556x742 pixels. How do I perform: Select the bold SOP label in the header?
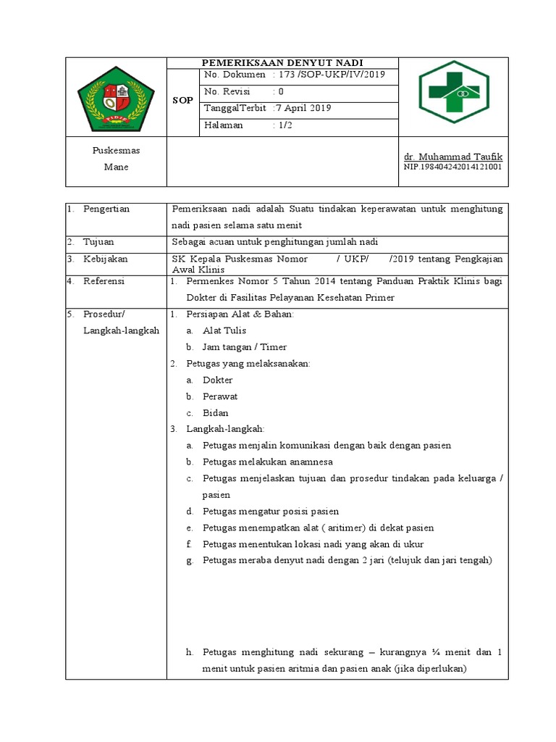pyautogui.click(x=182, y=100)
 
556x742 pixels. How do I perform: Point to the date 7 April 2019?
pyautogui.click(x=303, y=108)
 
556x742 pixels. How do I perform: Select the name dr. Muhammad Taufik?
pyautogui.click(x=452, y=157)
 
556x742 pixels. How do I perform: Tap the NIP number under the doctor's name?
pyautogui.click(x=452, y=167)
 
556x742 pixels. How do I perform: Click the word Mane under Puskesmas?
pyautogui.click(x=116, y=167)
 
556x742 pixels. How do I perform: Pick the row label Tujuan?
pyautogui.click(x=98, y=241)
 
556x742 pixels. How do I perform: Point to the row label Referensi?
pyautogui.click(x=104, y=281)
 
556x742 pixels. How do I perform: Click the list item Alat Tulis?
pyautogui.click(x=224, y=330)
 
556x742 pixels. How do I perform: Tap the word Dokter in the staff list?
pyautogui.click(x=218, y=380)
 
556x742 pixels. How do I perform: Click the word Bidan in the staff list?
pyautogui.click(x=216, y=412)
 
